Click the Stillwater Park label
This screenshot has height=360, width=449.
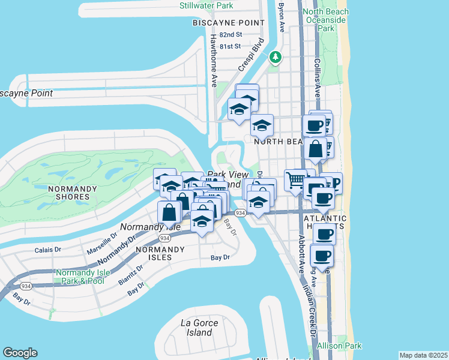click(206, 5)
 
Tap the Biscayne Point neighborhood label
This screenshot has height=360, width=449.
click(228, 22)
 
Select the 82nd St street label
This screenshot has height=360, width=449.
click(230, 35)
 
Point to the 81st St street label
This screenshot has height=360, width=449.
click(230, 46)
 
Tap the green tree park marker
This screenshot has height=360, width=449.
click(276, 57)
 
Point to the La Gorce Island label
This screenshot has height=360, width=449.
click(200, 327)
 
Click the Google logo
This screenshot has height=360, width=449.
click(20, 353)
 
